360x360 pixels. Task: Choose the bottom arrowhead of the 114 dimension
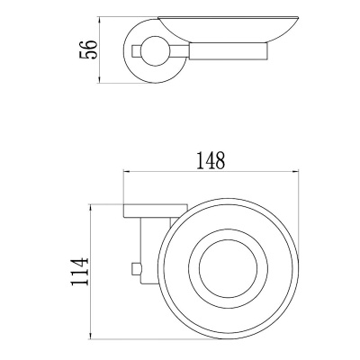92,339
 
